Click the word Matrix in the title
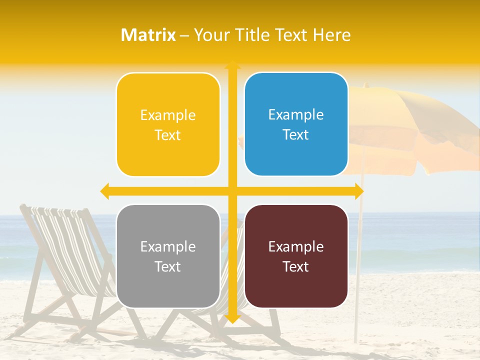coord(148,35)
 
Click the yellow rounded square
coord(168,124)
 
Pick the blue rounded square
coord(296,124)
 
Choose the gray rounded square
coord(168,256)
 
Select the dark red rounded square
coord(296,256)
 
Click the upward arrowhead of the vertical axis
coord(232,65)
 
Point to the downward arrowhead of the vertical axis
coord(232,318)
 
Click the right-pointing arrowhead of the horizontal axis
coord(358,191)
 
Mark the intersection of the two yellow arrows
coord(232,191)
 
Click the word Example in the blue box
coord(296,115)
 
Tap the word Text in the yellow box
coord(168,135)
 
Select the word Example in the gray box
coord(168,246)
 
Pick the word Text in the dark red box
coord(296,266)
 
